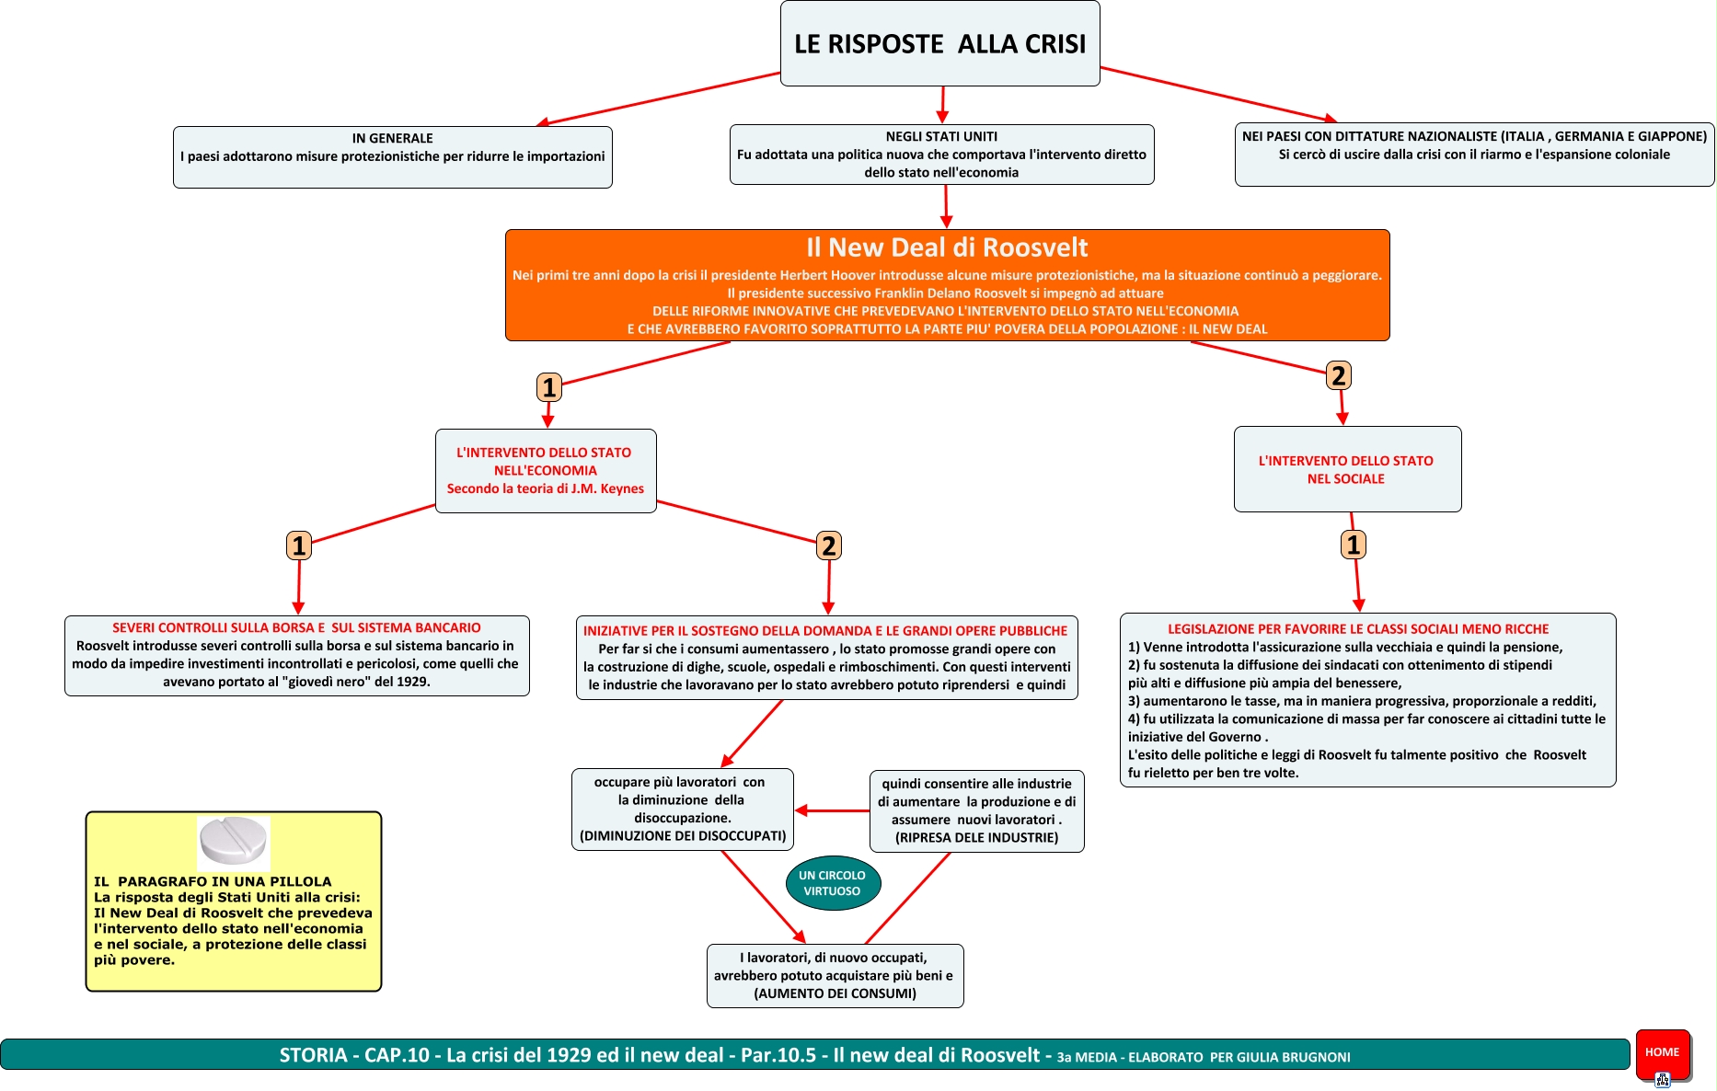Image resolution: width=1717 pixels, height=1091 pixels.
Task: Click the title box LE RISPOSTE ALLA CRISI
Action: pyautogui.click(x=939, y=43)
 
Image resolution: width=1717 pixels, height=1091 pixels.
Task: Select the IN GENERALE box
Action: pyautogui.click(x=392, y=156)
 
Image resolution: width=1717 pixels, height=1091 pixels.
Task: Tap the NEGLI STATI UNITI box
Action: pyautogui.click(x=941, y=154)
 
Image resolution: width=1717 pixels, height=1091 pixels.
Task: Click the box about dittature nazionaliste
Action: pyautogui.click(x=1473, y=154)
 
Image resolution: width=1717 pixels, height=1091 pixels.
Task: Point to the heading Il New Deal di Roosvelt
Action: pyautogui.click(x=947, y=247)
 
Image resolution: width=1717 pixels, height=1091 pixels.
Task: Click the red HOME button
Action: pyautogui.click(x=1662, y=1052)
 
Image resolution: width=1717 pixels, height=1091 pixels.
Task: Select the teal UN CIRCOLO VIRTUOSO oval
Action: pyautogui.click(x=833, y=883)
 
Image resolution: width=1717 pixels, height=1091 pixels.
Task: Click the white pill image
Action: pyautogui.click(x=234, y=842)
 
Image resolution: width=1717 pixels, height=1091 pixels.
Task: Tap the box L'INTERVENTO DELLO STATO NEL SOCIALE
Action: pyautogui.click(x=1346, y=469)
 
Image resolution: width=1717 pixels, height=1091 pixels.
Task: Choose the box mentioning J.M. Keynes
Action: pyautogui.click(x=546, y=471)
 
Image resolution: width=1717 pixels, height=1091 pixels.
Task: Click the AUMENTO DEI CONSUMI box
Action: pyautogui.click(x=835, y=975)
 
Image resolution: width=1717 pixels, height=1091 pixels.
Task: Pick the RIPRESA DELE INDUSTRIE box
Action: pyautogui.click(x=976, y=810)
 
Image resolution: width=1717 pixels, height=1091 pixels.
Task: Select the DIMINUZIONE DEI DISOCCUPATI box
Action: pyautogui.click(x=682, y=809)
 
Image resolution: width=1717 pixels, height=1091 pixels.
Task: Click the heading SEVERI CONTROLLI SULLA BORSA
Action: pyautogui.click(x=296, y=627)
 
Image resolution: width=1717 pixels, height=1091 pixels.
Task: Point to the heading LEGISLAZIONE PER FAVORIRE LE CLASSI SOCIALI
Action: pyautogui.click(x=1358, y=629)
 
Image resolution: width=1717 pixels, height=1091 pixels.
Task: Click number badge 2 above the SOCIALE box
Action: pyautogui.click(x=1339, y=375)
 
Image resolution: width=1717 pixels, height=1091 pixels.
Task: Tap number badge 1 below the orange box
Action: pyautogui.click(x=549, y=387)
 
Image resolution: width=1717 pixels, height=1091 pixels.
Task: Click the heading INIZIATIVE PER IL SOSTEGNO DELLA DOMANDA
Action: pyautogui.click(x=824, y=631)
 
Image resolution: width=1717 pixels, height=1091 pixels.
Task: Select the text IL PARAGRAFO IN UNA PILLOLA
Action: pyautogui.click(x=213, y=881)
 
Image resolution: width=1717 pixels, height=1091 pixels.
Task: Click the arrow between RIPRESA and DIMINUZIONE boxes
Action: pyautogui.click(x=832, y=810)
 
